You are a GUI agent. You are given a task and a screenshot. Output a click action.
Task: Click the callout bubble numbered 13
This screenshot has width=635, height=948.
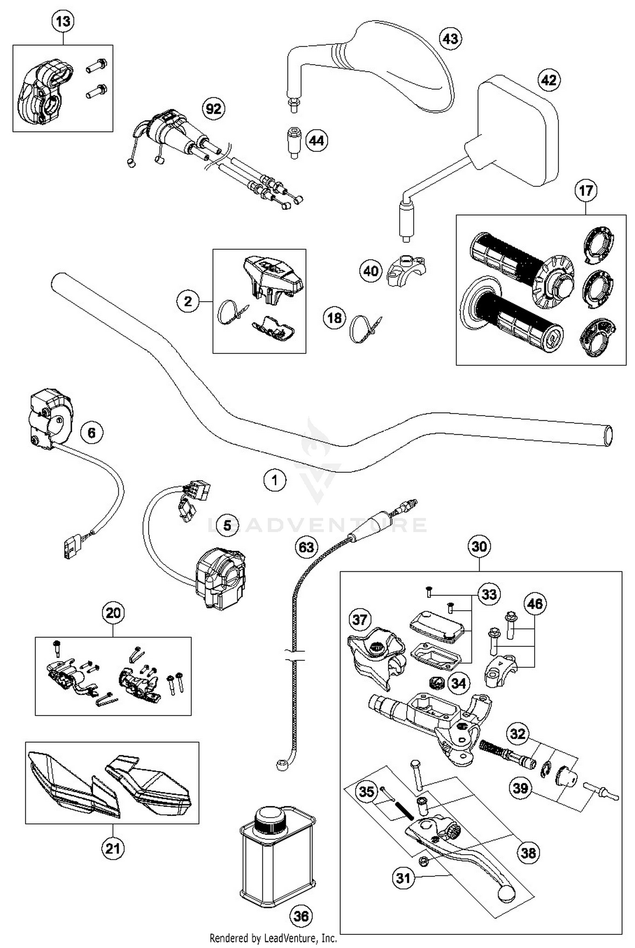tap(63, 22)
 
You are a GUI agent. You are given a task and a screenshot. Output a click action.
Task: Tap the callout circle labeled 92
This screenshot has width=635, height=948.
tap(213, 109)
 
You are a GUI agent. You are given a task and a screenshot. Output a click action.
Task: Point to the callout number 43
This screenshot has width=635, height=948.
tap(450, 39)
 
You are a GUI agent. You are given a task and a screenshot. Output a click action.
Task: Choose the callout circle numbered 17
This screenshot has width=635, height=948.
tap(586, 191)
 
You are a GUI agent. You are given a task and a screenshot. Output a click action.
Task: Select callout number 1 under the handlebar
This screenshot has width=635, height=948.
tap(275, 480)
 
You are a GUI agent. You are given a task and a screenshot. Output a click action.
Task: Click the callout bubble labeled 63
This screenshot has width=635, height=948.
tap(306, 547)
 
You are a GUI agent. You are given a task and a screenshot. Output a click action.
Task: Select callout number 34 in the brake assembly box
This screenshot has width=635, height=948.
tap(458, 683)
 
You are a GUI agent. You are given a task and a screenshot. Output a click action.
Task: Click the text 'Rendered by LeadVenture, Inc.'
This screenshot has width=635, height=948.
tap(273, 938)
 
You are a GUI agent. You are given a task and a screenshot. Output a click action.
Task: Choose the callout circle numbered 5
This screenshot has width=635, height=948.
tap(227, 525)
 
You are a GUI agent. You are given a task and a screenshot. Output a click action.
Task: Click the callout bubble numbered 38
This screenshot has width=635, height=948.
tap(528, 853)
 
